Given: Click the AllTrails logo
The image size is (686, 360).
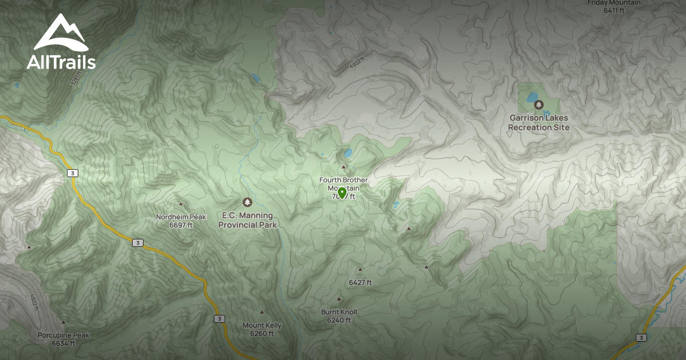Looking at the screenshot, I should pyautogui.click(x=61, y=42).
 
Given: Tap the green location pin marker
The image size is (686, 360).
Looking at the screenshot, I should pyautogui.click(x=342, y=193).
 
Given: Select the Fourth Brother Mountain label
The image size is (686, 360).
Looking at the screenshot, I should pyautogui.click(x=344, y=184).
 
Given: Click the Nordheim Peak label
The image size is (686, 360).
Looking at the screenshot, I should pyautogui.click(x=181, y=217).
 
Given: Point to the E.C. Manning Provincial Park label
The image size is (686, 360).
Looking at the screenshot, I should pyautogui.click(x=248, y=220).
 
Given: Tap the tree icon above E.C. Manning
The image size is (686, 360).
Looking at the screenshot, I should pyautogui.click(x=248, y=202).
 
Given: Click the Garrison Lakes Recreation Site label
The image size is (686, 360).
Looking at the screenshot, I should pyautogui.click(x=539, y=122).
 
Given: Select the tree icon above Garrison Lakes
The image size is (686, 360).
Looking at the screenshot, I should pyautogui.click(x=539, y=105).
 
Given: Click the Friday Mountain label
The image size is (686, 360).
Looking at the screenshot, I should pyautogui.click(x=614, y=3).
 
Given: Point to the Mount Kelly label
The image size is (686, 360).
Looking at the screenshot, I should pyautogui.click(x=262, y=326).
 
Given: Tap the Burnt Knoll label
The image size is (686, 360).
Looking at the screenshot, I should pyautogui.click(x=339, y=312).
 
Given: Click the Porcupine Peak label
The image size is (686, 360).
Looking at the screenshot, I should pyautogui.click(x=63, y=335).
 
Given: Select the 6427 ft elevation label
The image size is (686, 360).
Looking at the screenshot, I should pyautogui.click(x=360, y=282).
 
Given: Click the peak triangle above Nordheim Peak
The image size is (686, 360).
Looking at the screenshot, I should pyautogui.click(x=181, y=204).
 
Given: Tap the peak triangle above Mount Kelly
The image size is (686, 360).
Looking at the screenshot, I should pyautogui.click(x=262, y=312).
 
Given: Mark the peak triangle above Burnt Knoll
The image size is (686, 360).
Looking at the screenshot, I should pyautogui.click(x=339, y=299).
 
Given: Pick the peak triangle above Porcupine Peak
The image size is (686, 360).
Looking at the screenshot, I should pyautogui.click(x=63, y=322).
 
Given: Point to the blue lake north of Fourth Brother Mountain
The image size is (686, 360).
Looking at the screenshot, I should pyautogui.click(x=348, y=153).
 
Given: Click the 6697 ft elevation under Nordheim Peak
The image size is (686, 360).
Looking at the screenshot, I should pyautogui.click(x=181, y=225).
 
